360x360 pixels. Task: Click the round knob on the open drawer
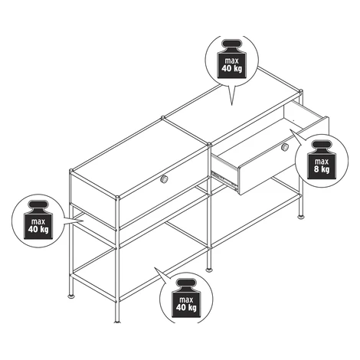click(x=284, y=147)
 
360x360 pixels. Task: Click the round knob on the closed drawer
click(x=164, y=179)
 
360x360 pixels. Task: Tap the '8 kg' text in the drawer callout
click(x=322, y=169)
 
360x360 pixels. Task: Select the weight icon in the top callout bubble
click(x=232, y=58)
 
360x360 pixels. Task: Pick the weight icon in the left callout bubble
click(x=38, y=220)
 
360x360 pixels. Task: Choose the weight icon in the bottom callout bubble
click(x=186, y=298)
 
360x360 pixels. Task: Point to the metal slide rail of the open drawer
click(x=224, y=179)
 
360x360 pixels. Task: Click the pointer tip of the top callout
click(x=231, y=105)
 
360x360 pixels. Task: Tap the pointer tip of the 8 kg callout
click(x=290, y=129)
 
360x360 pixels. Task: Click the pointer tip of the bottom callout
click(x=154, y=268)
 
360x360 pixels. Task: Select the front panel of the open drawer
click(x=283, y=155)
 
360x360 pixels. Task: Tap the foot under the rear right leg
click(x=301, y=217)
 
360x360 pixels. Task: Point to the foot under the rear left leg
click(x=71, y=296)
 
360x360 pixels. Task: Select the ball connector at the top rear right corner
click(x=301, y=91)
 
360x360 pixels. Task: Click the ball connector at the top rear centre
click(x=162, y=118)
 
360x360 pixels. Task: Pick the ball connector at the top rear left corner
click(x=71, y=171)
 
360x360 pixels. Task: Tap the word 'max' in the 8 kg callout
click(x=322, y=162)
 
